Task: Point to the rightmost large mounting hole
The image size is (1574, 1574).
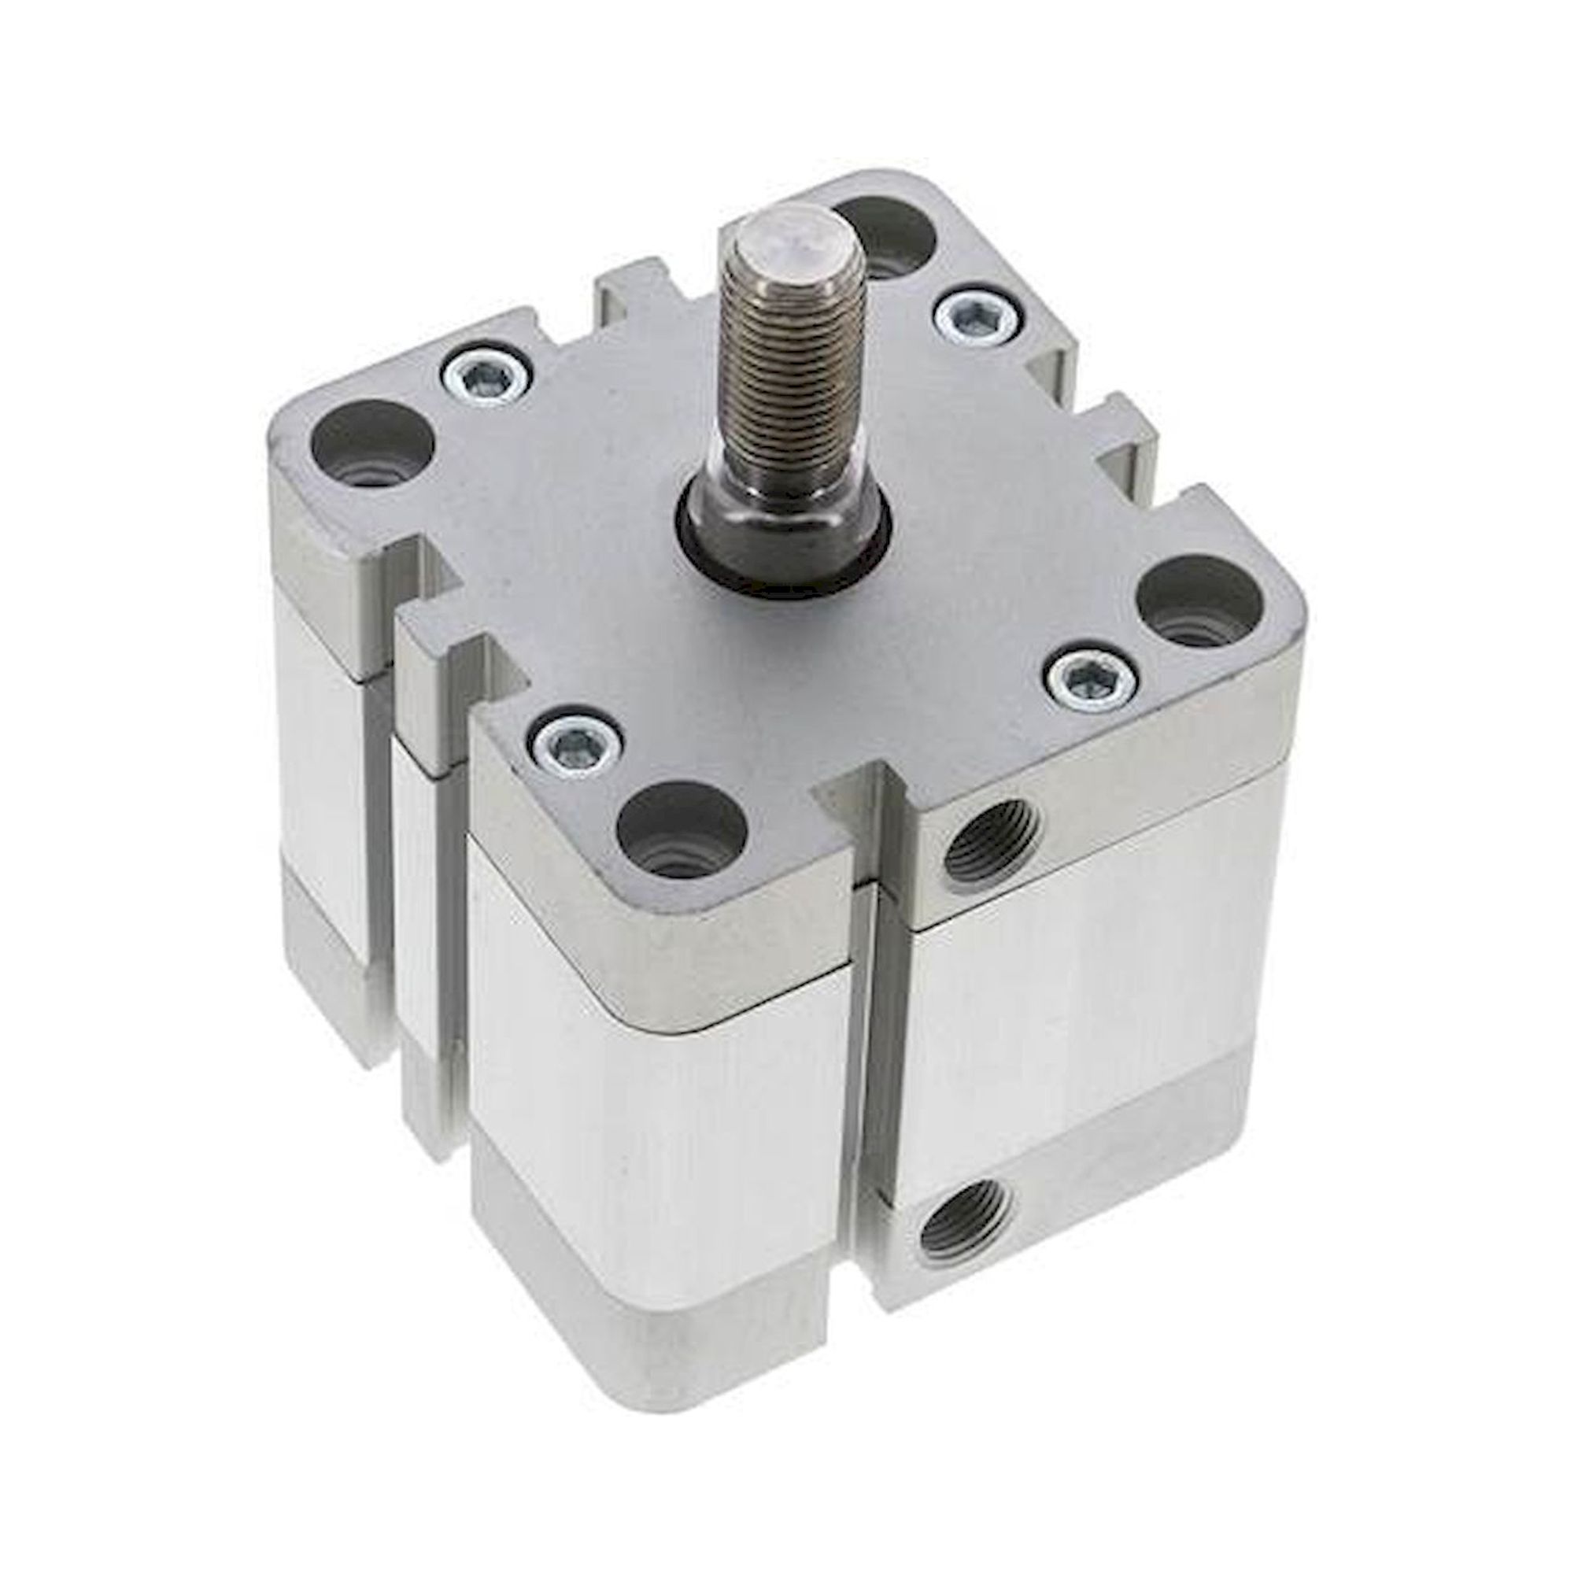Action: click(x=1197, y=607)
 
